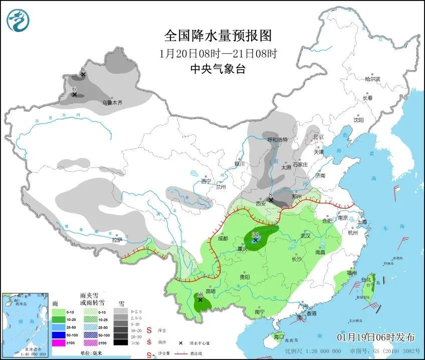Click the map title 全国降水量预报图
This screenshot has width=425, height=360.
(x=218, y=36)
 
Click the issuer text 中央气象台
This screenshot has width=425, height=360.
(x=218, y=70)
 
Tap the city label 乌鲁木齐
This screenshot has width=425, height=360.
(x=112, y=103)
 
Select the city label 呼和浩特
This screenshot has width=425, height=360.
(x=277, y=140)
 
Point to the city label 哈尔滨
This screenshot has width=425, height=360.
(x=373, y=79)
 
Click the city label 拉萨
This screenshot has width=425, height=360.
(x=117, y=240)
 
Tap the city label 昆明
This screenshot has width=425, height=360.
(x=210, y=291)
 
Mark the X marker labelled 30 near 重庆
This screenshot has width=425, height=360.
(x=256, y=240)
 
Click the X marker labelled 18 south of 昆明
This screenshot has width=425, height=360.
(x=200, y=300)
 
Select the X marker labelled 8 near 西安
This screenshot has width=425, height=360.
(x=271, y=200)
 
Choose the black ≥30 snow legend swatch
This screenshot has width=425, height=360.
(x=120, y=342)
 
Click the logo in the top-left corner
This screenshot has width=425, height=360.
(x=18, y=20)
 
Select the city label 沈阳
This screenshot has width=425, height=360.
(x=358, y=120)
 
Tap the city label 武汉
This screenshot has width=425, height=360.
(x=306, y=235)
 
